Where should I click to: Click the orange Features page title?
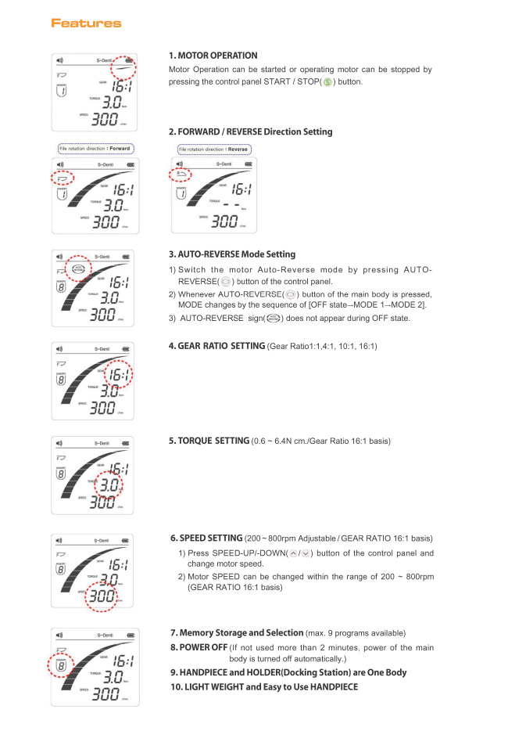tap(86, 23)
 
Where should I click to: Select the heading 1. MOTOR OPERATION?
tap(213, 56)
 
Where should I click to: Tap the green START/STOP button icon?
tap(328, 81)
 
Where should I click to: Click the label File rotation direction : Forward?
tap(95, 148)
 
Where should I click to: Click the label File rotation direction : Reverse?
tap(213, 149)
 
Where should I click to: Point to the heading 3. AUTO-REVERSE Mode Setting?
tap(232, 254)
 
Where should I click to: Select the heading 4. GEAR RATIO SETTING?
tap(216, 346)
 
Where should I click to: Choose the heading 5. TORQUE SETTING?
tap(209, 441)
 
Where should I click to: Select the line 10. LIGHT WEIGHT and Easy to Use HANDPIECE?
tap(264, 686)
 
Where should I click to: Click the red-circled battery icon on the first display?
tap(128, 61)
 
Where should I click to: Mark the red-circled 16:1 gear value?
tap(120, 376)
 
